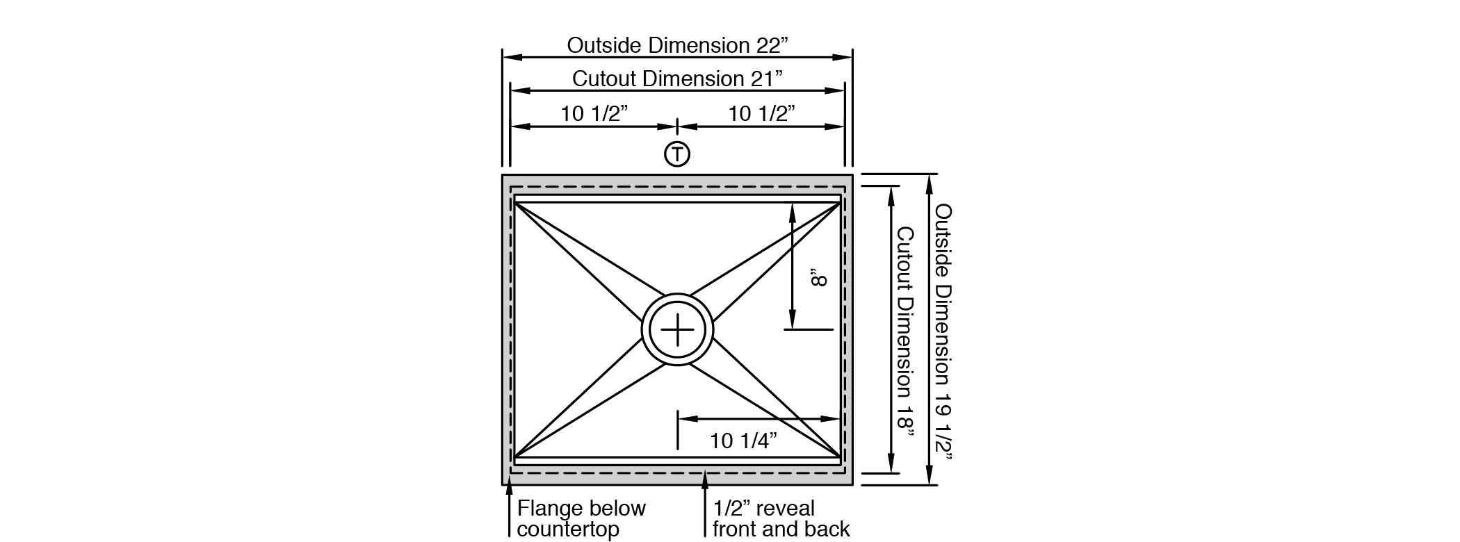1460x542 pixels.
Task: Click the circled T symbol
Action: click(x=677, y=154)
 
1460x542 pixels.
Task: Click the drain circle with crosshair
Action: click(x=677, y=329)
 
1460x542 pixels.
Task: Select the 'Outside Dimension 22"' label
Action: click(x=678, y=45)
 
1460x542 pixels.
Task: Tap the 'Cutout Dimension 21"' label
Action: click(x=677, y=79)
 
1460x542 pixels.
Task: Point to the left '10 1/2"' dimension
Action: click(x=594, y=113)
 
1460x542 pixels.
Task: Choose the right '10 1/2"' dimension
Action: click(x=761, y=113)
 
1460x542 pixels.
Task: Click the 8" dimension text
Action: click(x=820, y=279)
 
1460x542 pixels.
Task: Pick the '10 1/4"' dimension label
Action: click(x=743, y=441)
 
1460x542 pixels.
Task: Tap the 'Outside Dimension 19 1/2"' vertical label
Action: click(x=943, y=331)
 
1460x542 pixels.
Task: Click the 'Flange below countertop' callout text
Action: click(x=581, y=518)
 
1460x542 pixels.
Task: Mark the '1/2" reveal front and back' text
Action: click(x=780, y=518)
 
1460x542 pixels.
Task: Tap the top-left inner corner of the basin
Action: click(x=515, y=203)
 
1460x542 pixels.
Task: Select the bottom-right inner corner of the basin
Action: click(x=839, y=457)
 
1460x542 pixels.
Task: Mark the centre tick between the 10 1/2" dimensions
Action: click(x=677, y=127)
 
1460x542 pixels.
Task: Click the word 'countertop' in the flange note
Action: click(x=567, y=529)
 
